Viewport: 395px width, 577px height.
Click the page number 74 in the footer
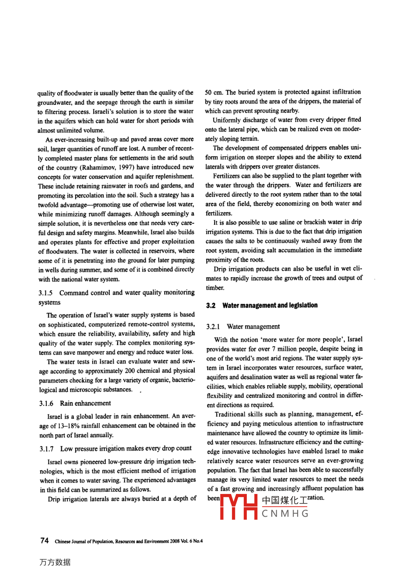point(44,540)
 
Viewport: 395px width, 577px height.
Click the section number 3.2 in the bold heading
point(211,306)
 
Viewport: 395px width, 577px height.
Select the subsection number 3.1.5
point(45,293)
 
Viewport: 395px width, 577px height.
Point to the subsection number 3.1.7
point(46,448)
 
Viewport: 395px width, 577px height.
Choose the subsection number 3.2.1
point(214,327)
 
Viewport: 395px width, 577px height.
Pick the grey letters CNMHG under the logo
point(285,514)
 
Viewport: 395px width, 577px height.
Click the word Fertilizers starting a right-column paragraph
point(226,176)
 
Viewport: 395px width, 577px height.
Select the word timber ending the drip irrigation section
point(215,288)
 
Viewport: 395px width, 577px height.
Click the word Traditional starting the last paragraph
point(229,414)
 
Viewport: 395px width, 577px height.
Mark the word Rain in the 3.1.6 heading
point(66,403)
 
